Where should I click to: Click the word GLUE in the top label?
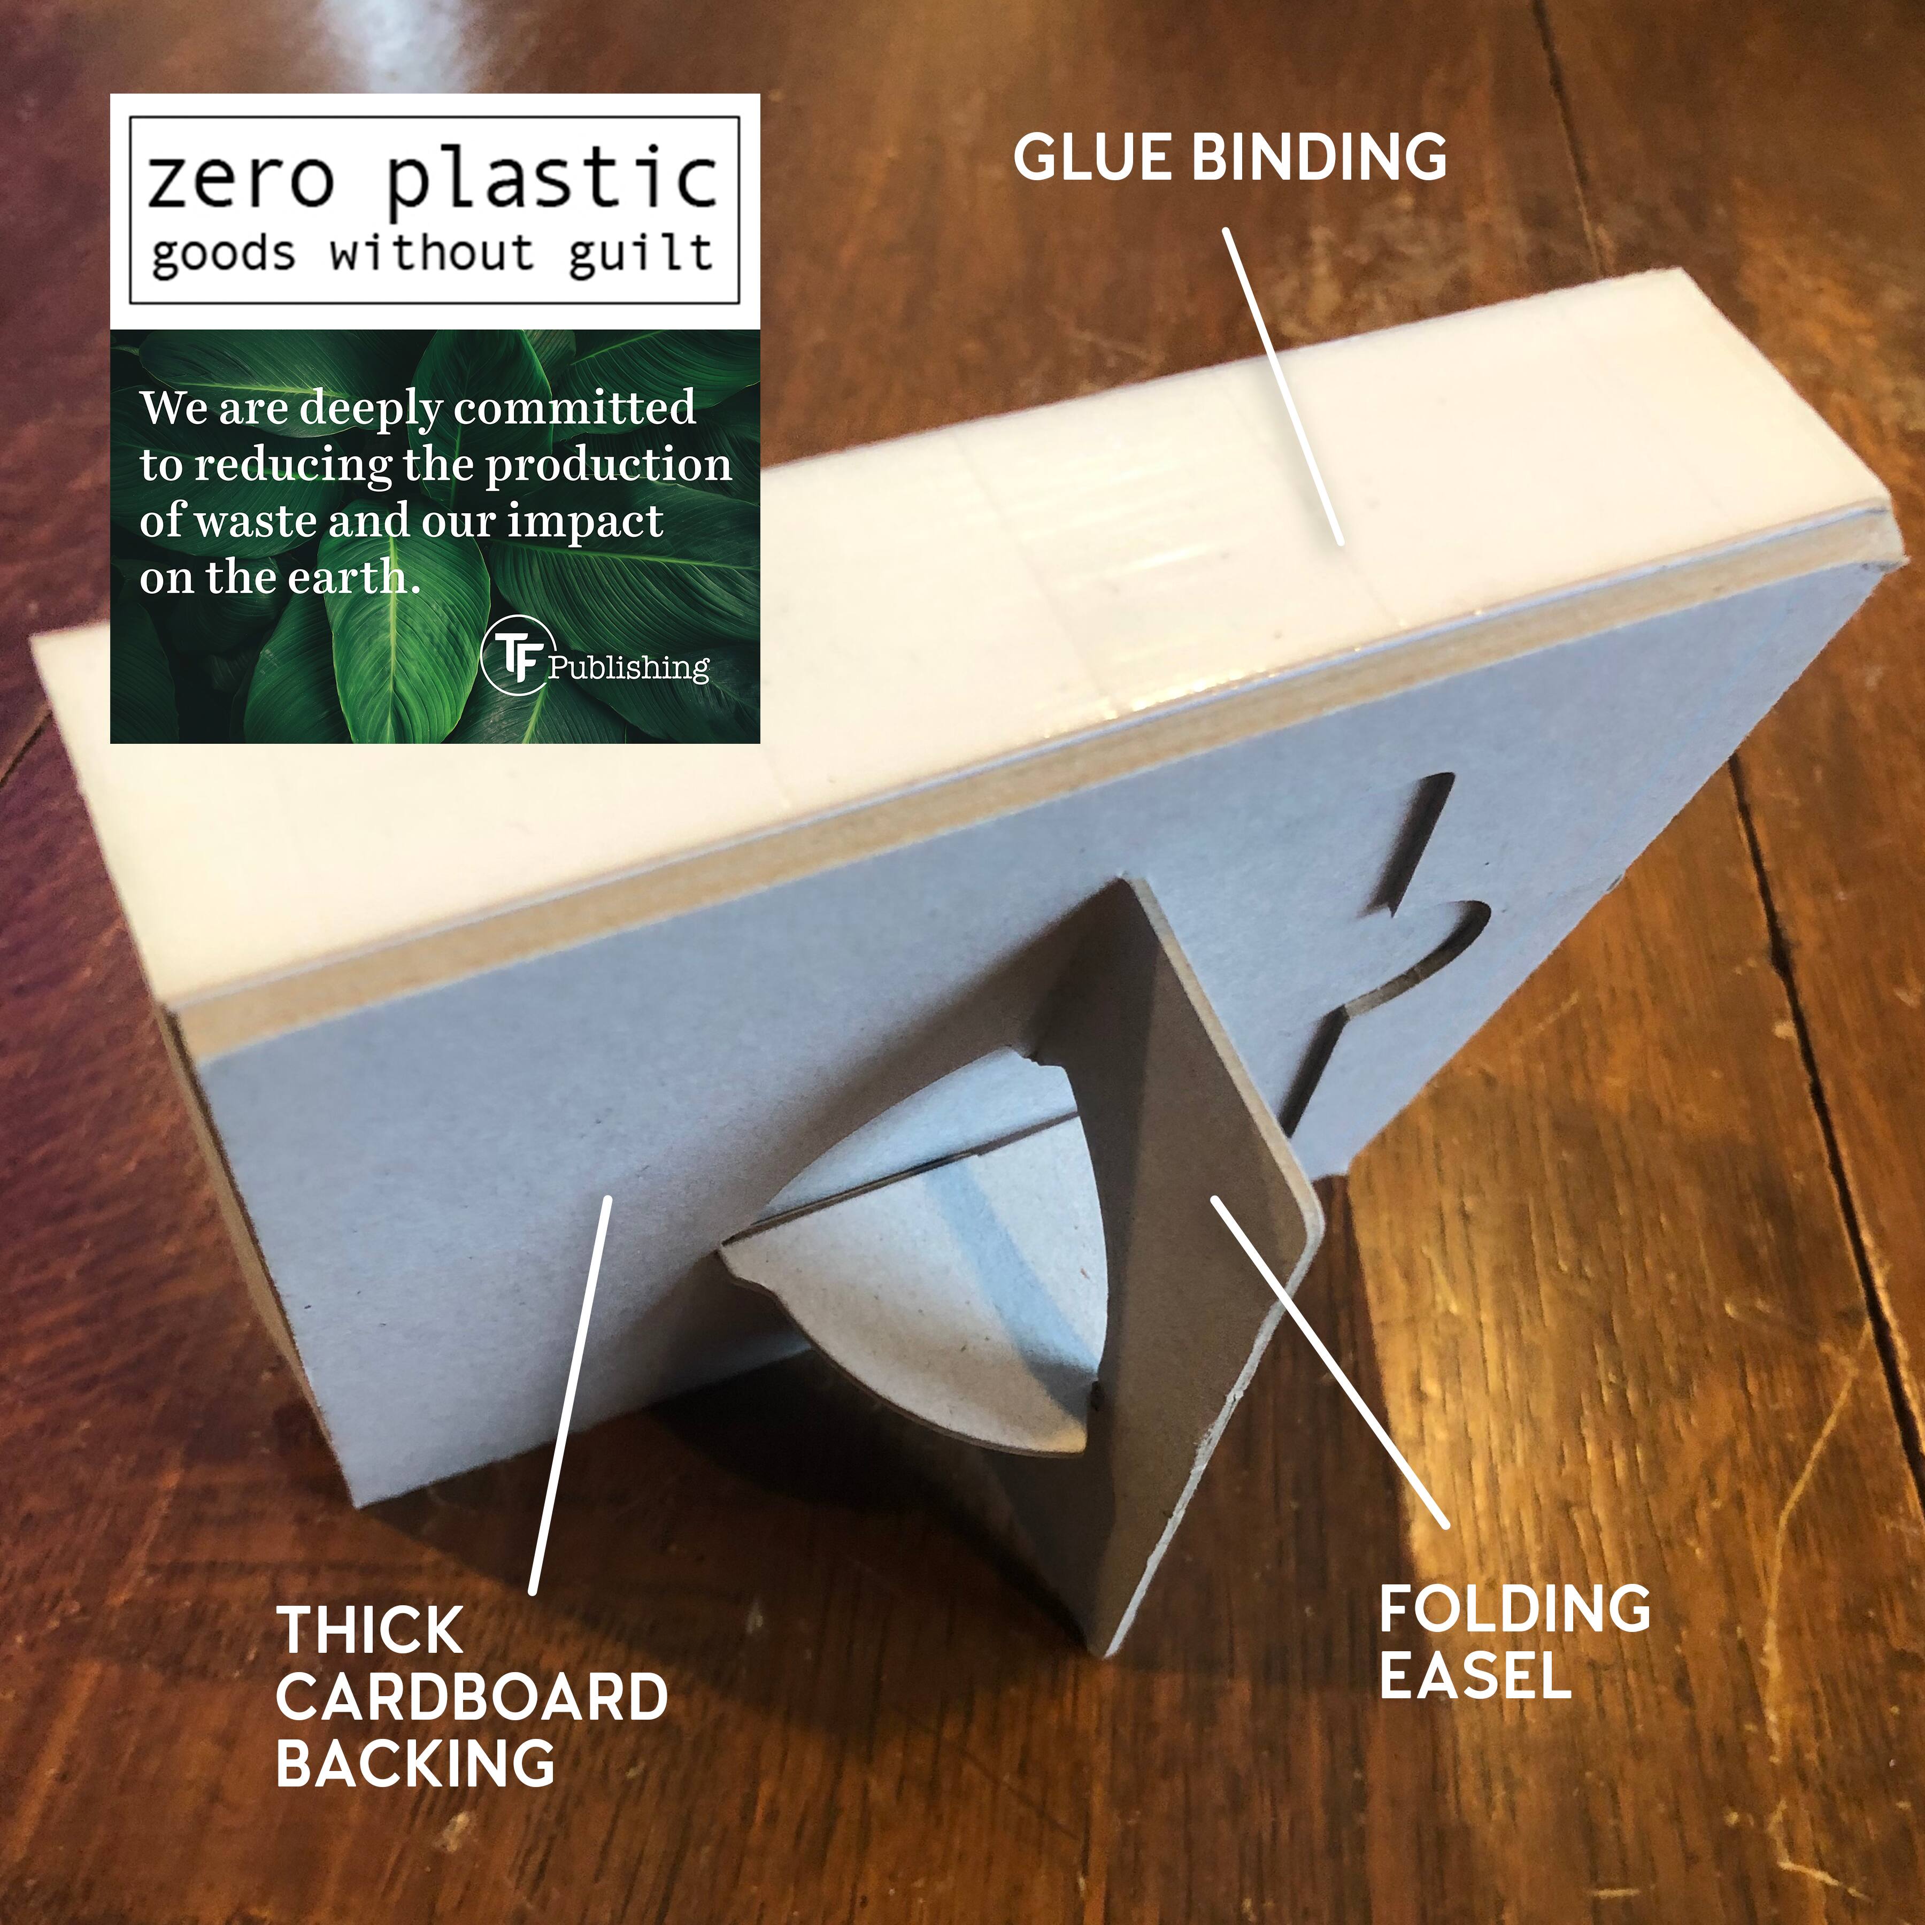1097,157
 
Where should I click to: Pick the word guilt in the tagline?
641,251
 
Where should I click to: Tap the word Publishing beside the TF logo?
628,667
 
